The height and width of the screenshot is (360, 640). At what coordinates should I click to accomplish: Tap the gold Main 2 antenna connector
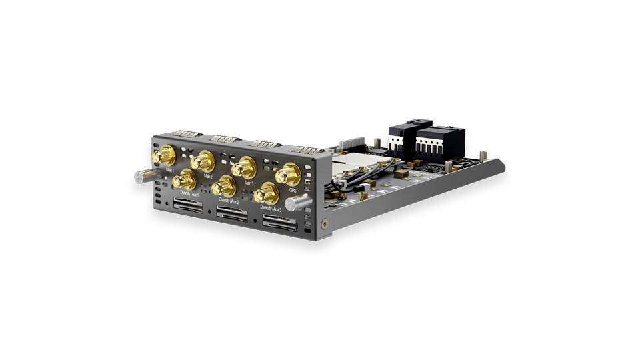coord(203,160)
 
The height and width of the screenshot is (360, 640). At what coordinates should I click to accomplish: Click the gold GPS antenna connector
coord(288,175)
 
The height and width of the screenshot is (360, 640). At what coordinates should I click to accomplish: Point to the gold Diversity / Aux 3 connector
coord(267,193)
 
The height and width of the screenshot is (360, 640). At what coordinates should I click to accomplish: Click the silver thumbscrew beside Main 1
coord(143,177)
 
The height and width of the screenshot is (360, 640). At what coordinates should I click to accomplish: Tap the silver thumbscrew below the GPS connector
coord(298,202)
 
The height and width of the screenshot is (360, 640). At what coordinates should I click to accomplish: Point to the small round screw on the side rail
coord(324,223)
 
